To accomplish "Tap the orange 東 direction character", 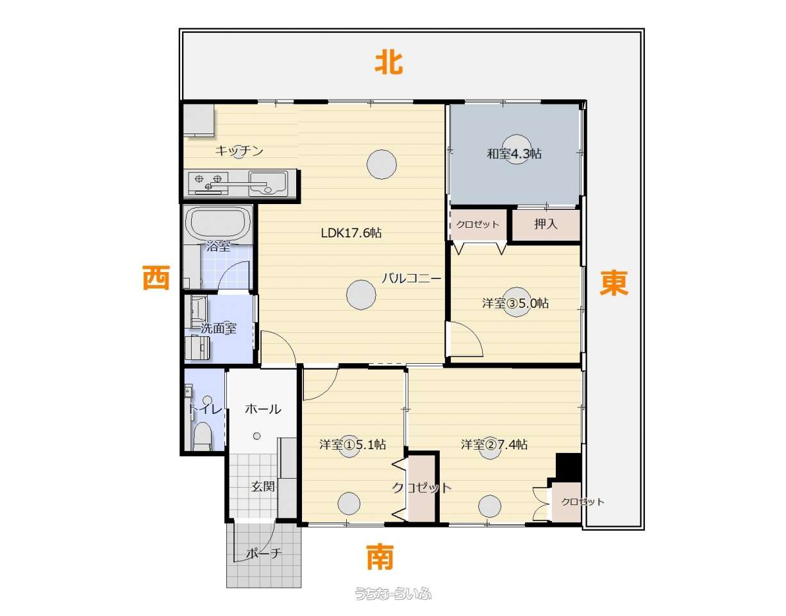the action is tap(614, 283).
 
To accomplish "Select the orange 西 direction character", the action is tap(156, 278).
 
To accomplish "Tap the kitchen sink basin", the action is tap(268, 184).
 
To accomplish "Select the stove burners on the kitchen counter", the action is tap(208, 182).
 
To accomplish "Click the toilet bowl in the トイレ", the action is tap(203, 437).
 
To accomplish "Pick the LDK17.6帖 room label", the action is tap(351, 233).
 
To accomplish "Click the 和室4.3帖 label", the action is tap(514, 154).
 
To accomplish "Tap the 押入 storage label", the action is tap(546, 224).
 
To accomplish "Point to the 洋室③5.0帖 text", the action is tap(515, 303).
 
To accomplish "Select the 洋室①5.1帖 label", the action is tap(353, 445).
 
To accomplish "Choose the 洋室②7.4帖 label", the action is tap(494, 445).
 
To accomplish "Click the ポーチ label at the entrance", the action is tap(263, 552).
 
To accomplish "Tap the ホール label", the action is tap(263, 409).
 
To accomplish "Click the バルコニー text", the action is tap(412, 278).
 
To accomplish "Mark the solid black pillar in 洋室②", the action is tap(569, 468).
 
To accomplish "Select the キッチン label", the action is tap(239, 151).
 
